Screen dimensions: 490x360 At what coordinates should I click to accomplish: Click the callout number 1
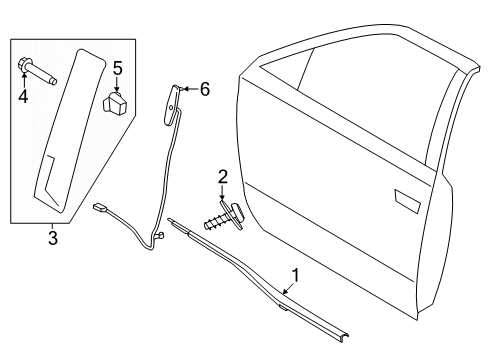pyautogui.click(x=295, y=275)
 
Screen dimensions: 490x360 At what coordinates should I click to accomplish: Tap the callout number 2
pyautogui.click(x=223, y=177)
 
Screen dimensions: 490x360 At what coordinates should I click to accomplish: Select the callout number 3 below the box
pyautogui.click(x=53, y=238)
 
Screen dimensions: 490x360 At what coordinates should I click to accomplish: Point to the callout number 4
pyautogui.click(x=23, y=96)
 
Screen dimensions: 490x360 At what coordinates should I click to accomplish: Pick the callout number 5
pyautogui.click(x=117, y=68)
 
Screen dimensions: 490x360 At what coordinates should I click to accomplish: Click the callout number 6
pyautogui.click(x=205, y=89)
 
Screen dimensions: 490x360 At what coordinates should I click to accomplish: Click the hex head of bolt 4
pyautogui.click(x=24, y=65)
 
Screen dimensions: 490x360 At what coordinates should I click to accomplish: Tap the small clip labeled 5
pyautogui.click(x=115, y=103)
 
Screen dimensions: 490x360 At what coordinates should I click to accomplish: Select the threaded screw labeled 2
pyautogui.click(x=224, y=217)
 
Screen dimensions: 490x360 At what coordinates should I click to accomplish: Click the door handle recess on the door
pyautogui.click(x=407, y=201)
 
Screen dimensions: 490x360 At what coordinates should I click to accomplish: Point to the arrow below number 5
pyautogui.click(x=117, y=84)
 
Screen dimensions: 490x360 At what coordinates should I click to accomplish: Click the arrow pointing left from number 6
pyautogui.click(x=190, y=89)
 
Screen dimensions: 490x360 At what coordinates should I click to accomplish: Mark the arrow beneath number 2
pyautogui.click(x=222, y=193)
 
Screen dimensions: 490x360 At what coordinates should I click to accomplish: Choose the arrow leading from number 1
pyautogui.click(x=288, y=288)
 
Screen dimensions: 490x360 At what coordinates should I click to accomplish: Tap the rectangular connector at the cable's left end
pyautogui.click(x=99, y=207)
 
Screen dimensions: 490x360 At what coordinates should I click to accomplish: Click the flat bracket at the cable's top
pyautogui.click(x=172, y=105)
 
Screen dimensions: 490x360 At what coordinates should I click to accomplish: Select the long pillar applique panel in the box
pyautogui.click(x=70, y=130)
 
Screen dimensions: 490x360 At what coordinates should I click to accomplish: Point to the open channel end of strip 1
pyautogui.click(x=343, y=335)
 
